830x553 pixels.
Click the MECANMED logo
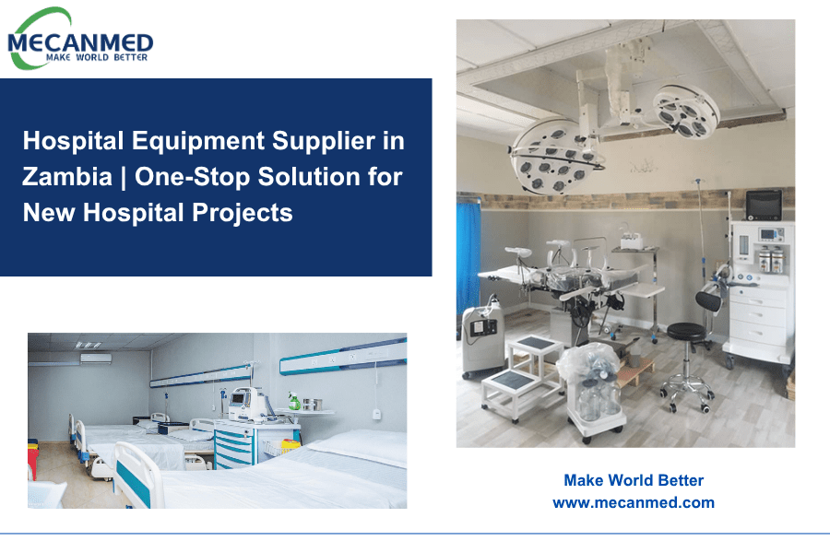[x=80, y=39]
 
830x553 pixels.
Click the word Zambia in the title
[x=67, y=176]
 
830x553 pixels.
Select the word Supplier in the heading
[x=324, y=141]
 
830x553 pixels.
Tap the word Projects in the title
[x=242, y=213]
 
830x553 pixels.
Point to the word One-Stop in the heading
[x=192, y=177]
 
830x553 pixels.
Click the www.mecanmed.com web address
[x=634, y=502]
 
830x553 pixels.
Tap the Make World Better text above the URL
[x=634, y=480]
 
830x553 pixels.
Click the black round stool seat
[x=686, y=331]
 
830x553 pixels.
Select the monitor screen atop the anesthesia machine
[x=764, y=206]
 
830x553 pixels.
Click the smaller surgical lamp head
[x=685, y=112]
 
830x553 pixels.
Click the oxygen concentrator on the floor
[x=482, y=340]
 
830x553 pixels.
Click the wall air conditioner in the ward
[x=96, y=359]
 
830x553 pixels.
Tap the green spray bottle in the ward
[x=294, y=401]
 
